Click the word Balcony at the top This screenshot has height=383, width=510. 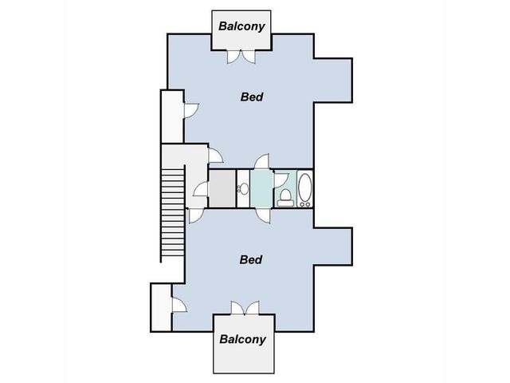[241, 26]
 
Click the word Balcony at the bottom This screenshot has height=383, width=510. [242, 339]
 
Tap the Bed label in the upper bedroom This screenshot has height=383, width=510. [252, 97]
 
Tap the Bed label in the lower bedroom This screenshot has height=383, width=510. [251, 259]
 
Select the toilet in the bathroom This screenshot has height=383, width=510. [285, 198]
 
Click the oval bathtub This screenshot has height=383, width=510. [304, 190]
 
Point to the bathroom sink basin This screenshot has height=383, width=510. [244, 188]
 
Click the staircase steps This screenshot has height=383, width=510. [173, 212]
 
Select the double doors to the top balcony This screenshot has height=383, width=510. [241, 57]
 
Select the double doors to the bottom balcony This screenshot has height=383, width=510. [245, 308]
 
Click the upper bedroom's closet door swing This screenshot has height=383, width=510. [191, 111]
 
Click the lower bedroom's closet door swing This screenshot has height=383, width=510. [179, 305]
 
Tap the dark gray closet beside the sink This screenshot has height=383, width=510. [222, 188]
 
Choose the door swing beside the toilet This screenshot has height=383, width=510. [281, 180]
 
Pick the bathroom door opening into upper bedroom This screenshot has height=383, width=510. [262, 161]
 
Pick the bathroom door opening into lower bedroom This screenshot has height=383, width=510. [263, 216]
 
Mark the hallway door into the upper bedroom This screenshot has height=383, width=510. [215, 156]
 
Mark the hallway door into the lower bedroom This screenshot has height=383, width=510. [196, 215]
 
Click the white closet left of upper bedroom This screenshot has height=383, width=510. [172, 116]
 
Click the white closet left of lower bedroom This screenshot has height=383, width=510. [161, 307]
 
